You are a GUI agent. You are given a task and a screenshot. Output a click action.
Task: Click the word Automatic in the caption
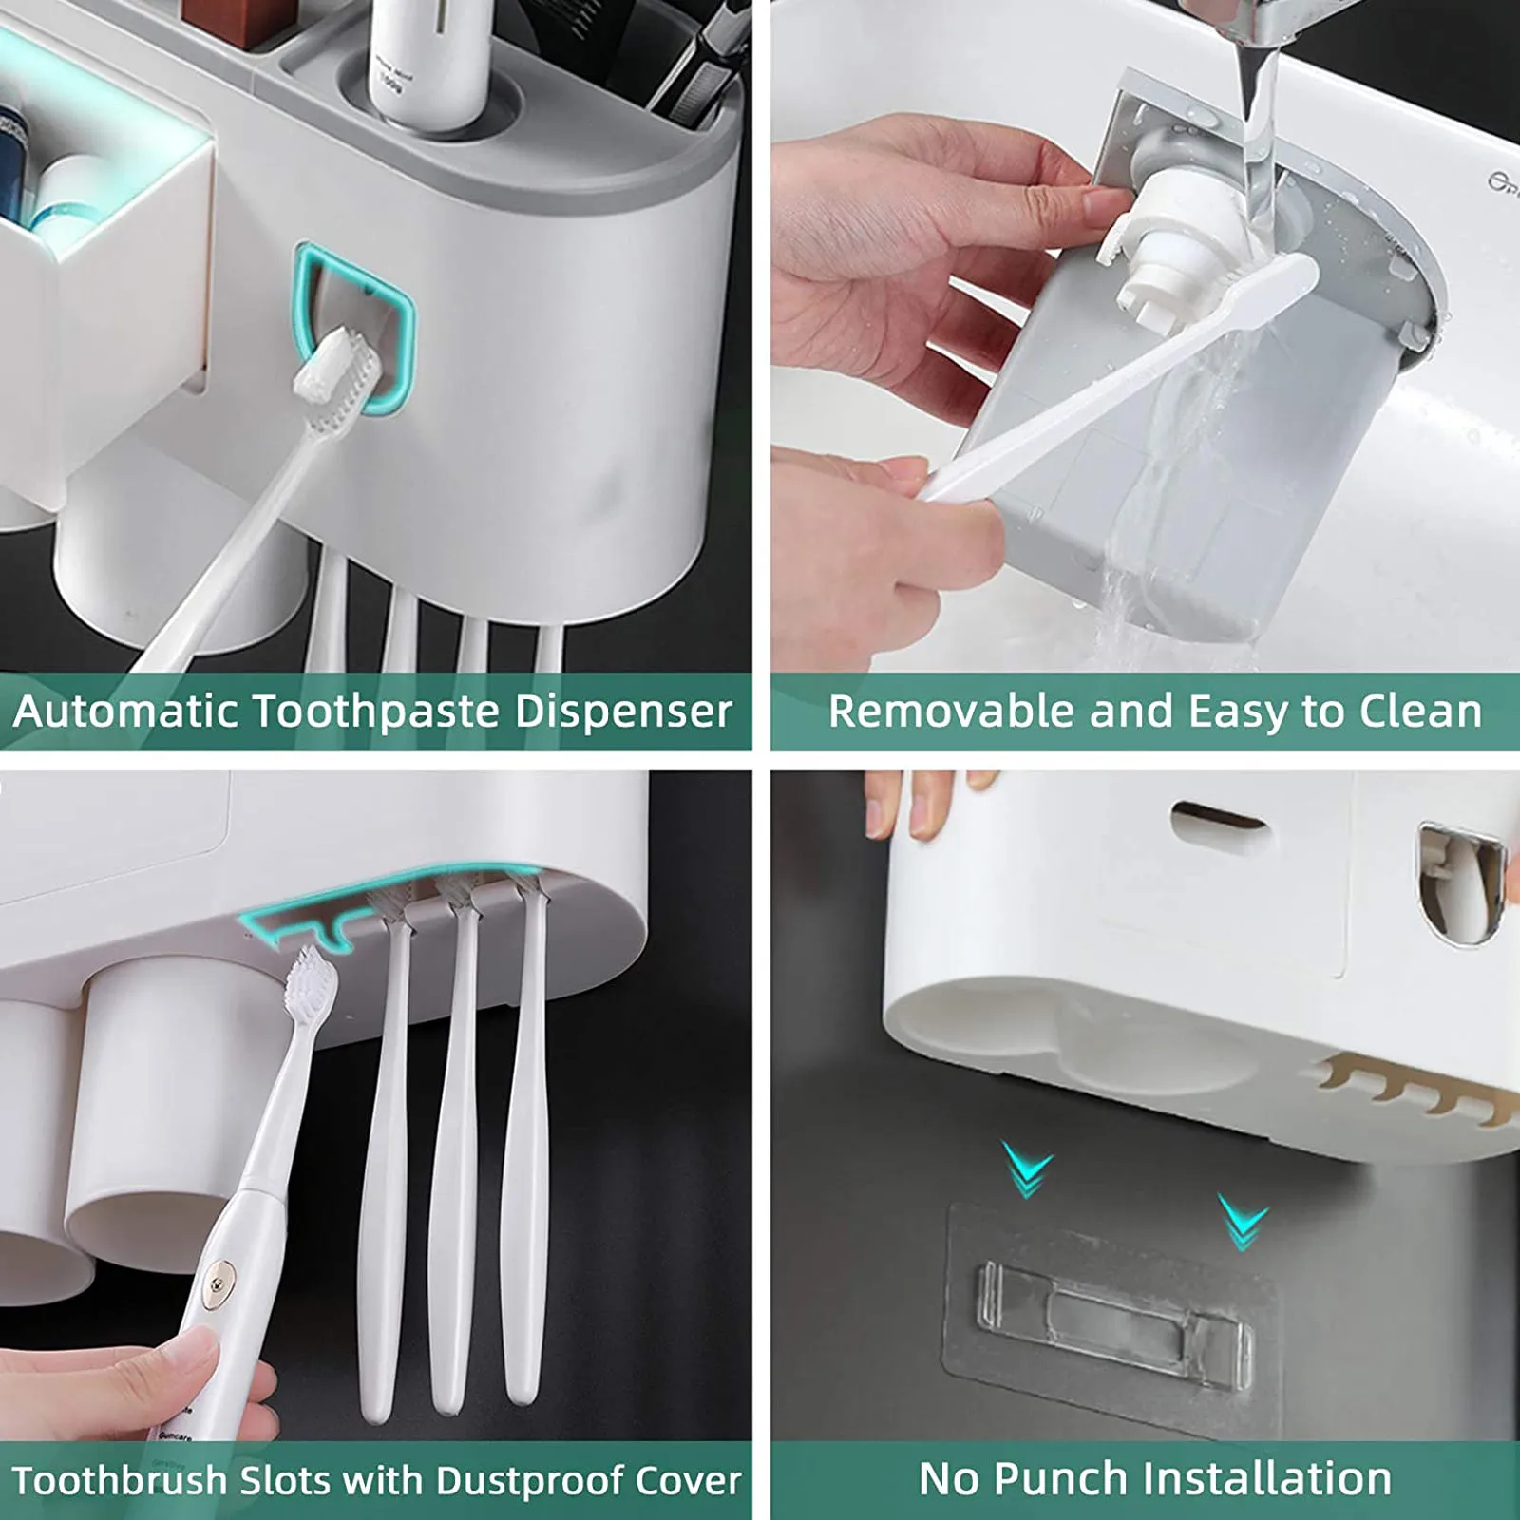coord(125,712)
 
